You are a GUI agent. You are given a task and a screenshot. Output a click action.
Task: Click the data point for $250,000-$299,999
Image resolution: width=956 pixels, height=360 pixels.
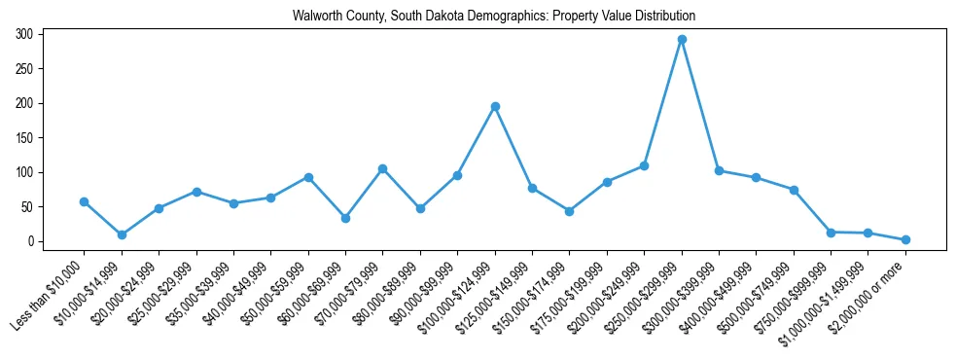coord(682,40)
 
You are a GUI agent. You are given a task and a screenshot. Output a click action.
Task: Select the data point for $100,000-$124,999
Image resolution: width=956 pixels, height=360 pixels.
coord(495,106)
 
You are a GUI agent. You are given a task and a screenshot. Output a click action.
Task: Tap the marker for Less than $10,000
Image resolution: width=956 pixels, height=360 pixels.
coord(84,201)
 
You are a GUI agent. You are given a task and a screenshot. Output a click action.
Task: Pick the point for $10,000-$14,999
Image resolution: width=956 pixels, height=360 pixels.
coord(122,234)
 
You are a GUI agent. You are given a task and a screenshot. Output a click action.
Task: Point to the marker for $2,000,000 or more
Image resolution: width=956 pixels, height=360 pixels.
coord(905,239)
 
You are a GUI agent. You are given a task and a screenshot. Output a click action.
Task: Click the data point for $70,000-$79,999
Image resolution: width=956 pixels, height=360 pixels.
coord(383,168)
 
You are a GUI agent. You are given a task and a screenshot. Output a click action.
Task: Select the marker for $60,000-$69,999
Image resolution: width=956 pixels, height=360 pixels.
coord(345,218)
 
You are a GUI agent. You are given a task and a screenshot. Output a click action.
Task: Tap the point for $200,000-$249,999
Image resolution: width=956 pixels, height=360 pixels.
coord(644,166)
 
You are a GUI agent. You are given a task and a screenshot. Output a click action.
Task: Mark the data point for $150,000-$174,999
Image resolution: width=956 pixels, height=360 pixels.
coord(569,211)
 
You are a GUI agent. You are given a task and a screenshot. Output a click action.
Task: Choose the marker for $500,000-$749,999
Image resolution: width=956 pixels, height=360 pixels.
coord(794,190)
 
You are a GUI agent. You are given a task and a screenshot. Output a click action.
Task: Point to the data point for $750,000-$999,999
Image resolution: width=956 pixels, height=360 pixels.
coord(831,233)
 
